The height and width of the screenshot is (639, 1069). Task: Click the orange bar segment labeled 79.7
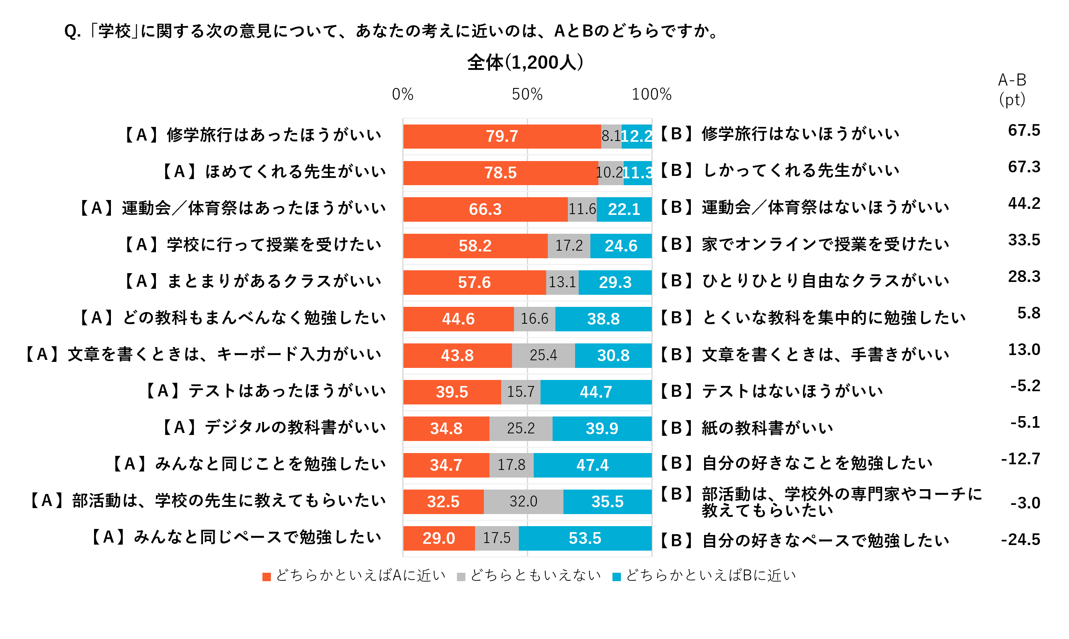[x=502, y=137]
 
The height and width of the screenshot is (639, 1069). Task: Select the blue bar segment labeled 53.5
[x=585, y=538]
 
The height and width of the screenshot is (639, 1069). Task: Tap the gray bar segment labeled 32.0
[x=524, y=502]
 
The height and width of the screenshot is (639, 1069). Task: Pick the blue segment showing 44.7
[x=596, y=392]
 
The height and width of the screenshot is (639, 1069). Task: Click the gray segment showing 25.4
[x=543, y=355]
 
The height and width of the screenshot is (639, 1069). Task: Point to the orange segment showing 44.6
[x=459, y=319]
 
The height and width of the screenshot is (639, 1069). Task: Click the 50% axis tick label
[x=527, y=94]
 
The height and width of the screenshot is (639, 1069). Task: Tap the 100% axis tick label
[x=651, y=94]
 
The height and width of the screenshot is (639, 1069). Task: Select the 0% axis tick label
[x=403, y=94]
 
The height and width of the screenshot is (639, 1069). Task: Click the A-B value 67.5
[x=1024, y=130]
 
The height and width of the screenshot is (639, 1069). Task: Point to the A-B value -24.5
[x=1020, y=539]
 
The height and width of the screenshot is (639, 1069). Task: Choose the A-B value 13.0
[x=1024, y=349]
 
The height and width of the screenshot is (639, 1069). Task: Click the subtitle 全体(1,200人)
[x=525, y=62]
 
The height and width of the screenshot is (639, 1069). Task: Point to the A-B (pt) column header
[x=1012, y=90]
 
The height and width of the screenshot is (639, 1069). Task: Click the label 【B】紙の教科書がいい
[x=746, y=428]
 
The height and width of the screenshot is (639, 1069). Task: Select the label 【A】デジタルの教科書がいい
[x=273, y=427]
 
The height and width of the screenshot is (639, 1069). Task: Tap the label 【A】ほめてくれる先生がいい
[x=273, y=171]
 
